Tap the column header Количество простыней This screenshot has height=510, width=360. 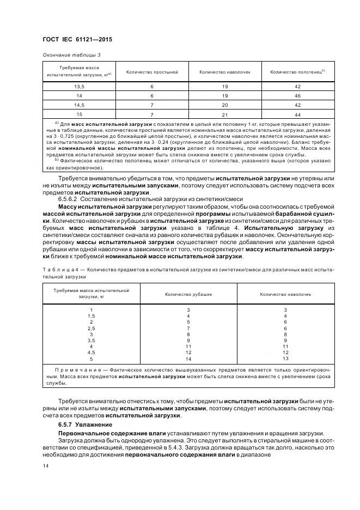(152, 72)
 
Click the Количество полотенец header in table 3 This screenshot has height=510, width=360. (297, 72)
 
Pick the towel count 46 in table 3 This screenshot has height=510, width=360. (297, 95)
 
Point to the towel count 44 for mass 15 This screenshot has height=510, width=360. (297, 114)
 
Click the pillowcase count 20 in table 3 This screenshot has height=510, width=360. (224, 105)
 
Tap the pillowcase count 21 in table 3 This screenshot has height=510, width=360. (224, 114)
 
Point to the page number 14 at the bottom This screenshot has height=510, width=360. (46, 466)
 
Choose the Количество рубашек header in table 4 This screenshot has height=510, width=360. (188, 294)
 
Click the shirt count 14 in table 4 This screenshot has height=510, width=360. (188, 359)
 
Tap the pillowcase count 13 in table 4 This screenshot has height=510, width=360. (285, 359)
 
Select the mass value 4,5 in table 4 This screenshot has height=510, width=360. (91, 353)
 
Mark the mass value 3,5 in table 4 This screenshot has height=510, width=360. (91, 340)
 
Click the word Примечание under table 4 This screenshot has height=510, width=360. (74, 369)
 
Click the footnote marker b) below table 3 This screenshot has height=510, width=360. (57, 160)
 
